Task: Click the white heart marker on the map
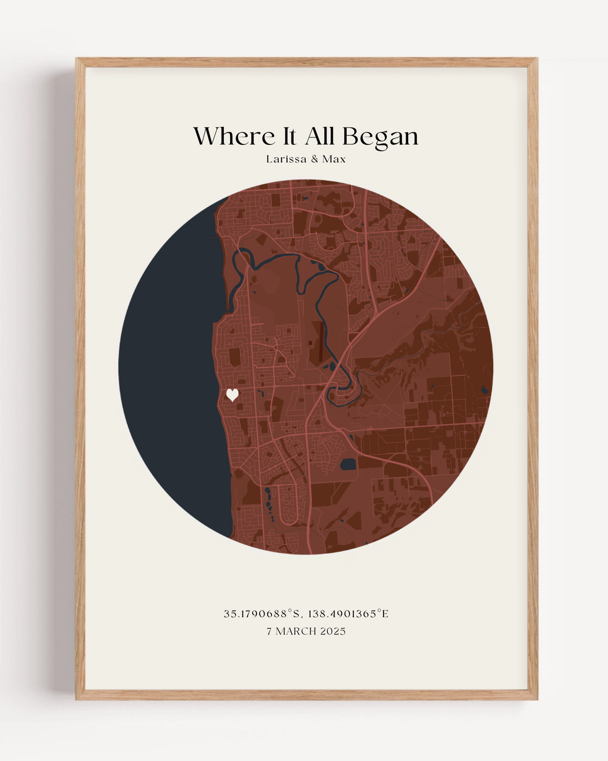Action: click(233, 395)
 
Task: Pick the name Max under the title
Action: click(334, 159)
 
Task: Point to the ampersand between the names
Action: click(315, 159)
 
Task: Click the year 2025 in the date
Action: click(333, 631)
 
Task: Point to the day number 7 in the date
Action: click(270, 631)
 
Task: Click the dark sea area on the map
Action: click(169, 370)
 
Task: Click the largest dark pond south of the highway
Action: click(348, 465)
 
